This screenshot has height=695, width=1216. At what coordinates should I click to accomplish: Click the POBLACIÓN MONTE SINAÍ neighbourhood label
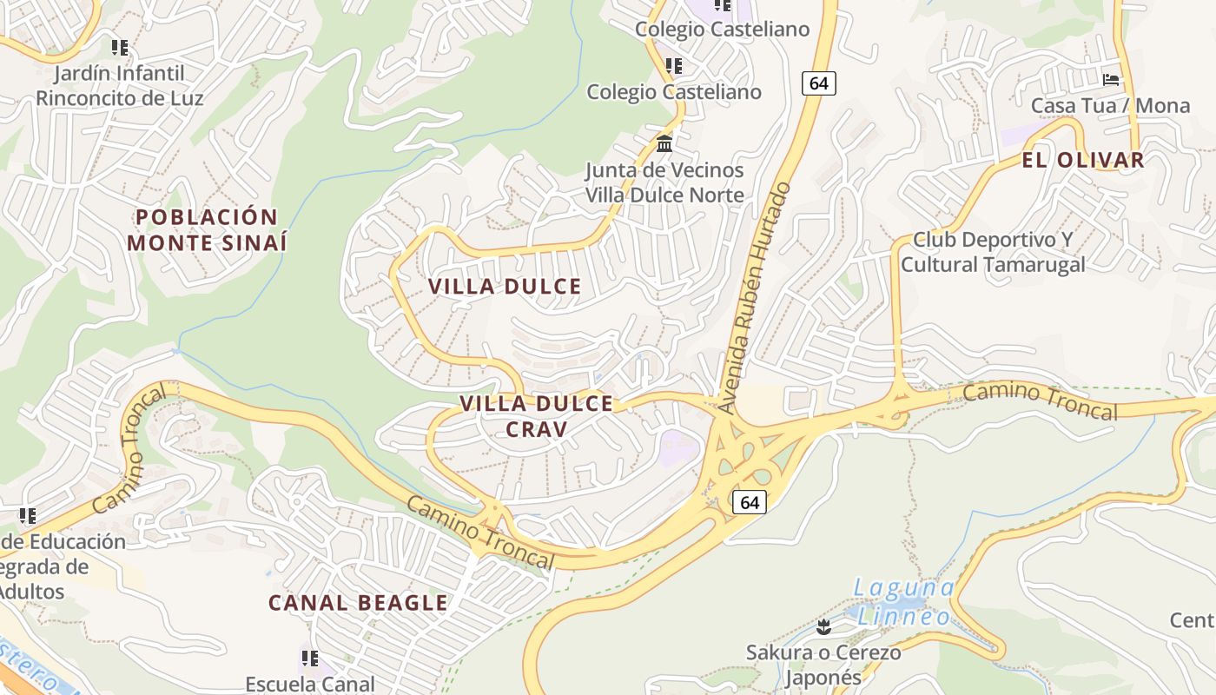pyautogui.click(x=207, y=229)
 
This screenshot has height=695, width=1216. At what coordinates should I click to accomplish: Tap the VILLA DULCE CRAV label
pyautogui.click(x=537, y=416)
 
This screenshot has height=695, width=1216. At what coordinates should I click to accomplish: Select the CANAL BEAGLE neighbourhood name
pyautogui.click(x=358, y=602)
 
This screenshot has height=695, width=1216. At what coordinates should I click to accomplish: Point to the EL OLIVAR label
pyautogui.click(x=1083, y=160)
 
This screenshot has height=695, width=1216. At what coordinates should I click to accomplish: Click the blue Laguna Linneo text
pyautogui.click(x=904, y=602)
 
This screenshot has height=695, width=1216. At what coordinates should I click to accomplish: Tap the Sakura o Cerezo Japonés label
pyautogui.click(x=823, y=665)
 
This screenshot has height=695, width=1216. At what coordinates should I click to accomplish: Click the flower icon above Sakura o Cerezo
pyautogui.click(x=823, y=626)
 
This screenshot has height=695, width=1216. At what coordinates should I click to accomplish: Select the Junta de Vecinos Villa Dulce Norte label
pyautogui.click(x=664, y=182)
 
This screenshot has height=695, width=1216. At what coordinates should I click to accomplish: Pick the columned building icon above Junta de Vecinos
pyautogui.click(x=664, y=143)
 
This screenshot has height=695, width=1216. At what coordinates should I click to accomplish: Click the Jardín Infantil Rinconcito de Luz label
pyautogui.click(x=120, y=85)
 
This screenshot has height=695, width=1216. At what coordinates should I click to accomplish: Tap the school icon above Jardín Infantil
pyautogui.click(x=120, y=47)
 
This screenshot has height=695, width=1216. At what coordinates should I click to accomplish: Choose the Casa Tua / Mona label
pyautogui.click(x=1110, y=105)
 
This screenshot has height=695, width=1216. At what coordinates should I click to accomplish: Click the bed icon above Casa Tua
pyautogui.click(x=1111, y=79)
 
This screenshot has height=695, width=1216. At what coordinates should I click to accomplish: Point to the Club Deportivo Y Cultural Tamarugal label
pyautogui.click(x=993, y=252)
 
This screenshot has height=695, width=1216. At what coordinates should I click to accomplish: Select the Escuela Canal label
pyautogui.click(x=310, y=684)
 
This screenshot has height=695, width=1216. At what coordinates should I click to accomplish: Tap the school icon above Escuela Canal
pyautogui.click(x=310, y=658)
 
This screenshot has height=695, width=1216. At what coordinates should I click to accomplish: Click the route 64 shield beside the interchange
pyautogui.click(x=749, y=502)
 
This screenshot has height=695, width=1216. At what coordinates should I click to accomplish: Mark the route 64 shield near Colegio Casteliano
pyautogui.click(x=818, y=83)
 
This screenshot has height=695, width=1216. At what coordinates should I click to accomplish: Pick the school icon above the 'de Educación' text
pyautogui.click(x=28, y=516)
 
